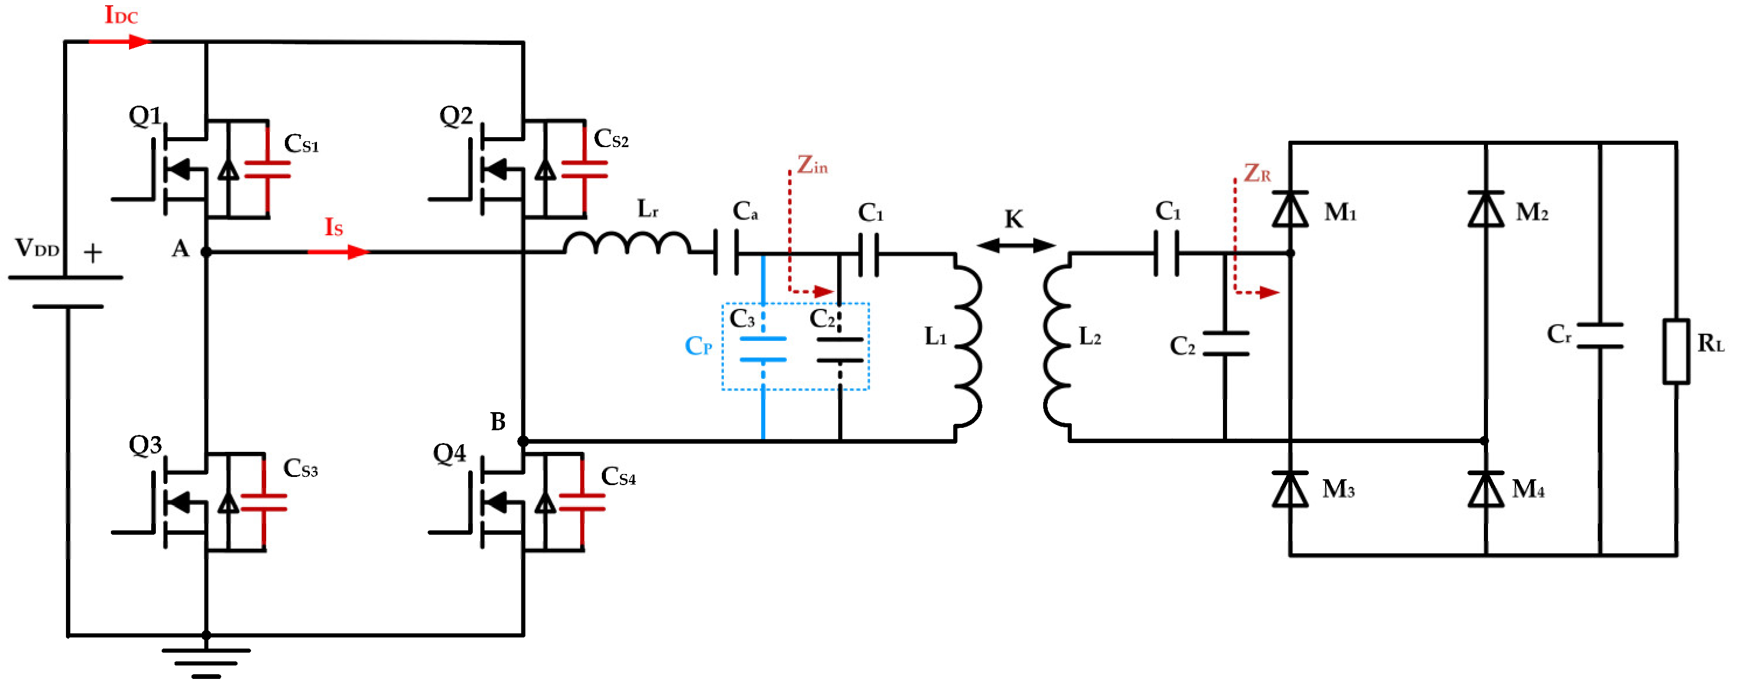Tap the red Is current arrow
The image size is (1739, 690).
339,252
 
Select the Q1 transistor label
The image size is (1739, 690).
145,116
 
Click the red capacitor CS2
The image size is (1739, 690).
584,169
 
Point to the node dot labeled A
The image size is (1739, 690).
206,252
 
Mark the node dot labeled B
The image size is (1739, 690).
522,441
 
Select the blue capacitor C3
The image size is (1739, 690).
763,349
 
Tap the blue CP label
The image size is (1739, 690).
698,346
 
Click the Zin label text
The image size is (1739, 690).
812,165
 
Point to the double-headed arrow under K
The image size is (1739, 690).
1015,246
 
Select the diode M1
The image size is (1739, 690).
1290,210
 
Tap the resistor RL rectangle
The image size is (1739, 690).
1675,351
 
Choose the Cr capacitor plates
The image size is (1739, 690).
1599,336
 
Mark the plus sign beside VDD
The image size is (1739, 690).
92,253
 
